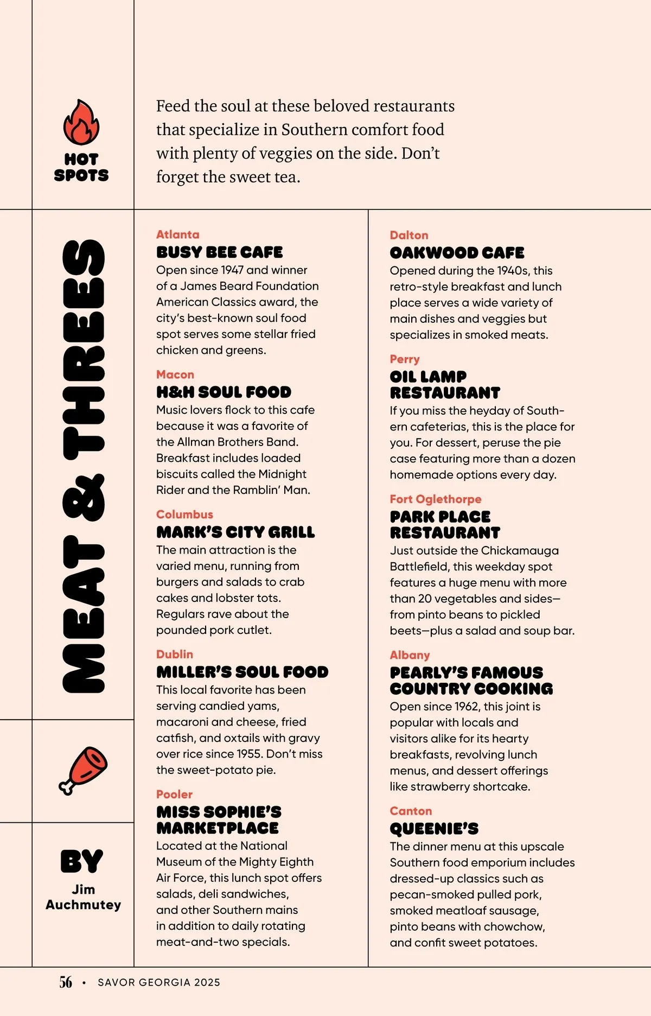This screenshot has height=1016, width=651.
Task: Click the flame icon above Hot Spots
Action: (81, 123)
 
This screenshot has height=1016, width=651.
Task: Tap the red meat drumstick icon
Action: (83, 770)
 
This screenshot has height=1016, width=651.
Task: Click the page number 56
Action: (66, 982)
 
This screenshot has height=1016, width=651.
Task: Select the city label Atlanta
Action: (178, 234)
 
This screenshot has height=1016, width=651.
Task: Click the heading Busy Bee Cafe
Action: (220, 252)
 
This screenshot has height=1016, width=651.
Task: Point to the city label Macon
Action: (175, 374)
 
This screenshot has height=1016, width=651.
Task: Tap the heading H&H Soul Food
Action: (224, 392)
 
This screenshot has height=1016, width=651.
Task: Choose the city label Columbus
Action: (184, 515)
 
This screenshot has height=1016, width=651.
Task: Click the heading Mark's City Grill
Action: (235, 532)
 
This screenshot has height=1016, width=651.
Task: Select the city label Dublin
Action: (175, 654)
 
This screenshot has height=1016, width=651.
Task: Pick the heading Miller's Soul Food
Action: (242, 672)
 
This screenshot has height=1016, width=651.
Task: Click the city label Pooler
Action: (175, 794)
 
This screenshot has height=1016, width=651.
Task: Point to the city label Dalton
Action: (409, 235)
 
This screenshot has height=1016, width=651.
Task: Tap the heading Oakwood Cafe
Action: (457, 253)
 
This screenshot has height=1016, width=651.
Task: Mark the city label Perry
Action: (405, 359)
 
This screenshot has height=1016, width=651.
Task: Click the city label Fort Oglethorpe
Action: (436, 499)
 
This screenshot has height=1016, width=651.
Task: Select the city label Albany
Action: (410, 655)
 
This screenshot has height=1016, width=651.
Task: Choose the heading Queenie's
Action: (434, 829)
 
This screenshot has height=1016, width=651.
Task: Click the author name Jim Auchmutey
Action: (84, 897)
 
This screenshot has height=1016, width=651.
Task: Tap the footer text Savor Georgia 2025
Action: (159, 982)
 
